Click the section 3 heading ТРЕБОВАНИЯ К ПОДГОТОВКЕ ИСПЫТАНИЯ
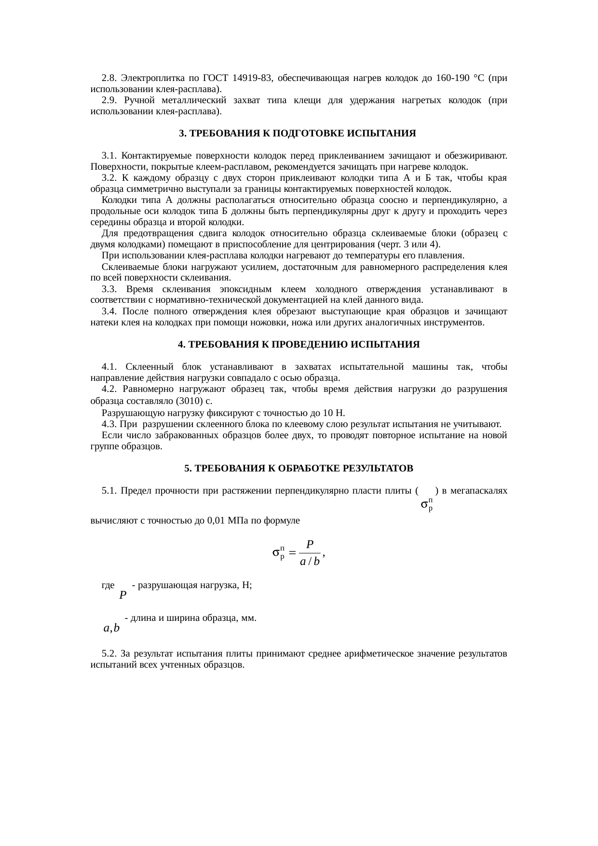click(298, 133)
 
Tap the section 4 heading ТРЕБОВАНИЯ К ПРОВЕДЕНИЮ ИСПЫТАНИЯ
click(299, 345)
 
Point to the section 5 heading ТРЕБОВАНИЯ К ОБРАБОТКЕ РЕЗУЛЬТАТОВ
click(299, 468)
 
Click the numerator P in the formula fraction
click(310, 545)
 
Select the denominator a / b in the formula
click(310, 562)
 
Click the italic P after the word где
click(123, 595)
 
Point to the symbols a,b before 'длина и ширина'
click(111, 628)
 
